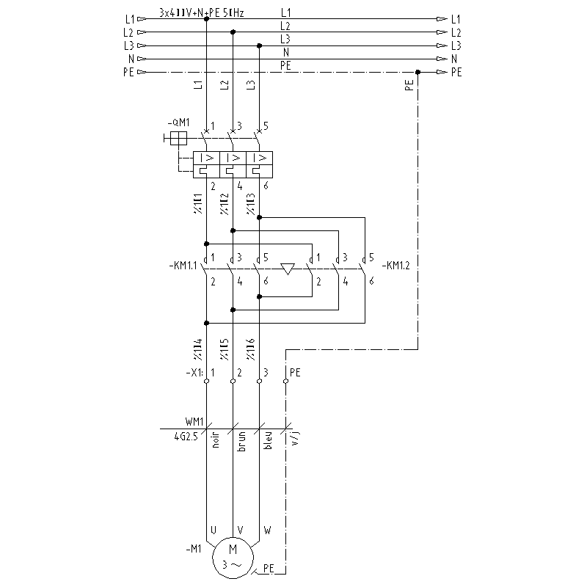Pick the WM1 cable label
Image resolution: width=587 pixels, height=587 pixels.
194,423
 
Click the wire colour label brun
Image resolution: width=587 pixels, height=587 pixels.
241,443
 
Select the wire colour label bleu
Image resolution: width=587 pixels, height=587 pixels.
269,443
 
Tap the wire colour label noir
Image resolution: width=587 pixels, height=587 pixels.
216,443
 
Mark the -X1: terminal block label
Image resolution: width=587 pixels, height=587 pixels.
196,372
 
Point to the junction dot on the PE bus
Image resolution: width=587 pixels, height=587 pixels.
418,72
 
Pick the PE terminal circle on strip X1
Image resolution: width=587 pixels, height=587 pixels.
285,382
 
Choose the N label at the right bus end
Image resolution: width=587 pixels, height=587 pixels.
456,59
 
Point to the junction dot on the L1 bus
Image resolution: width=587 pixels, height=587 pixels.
206,19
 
